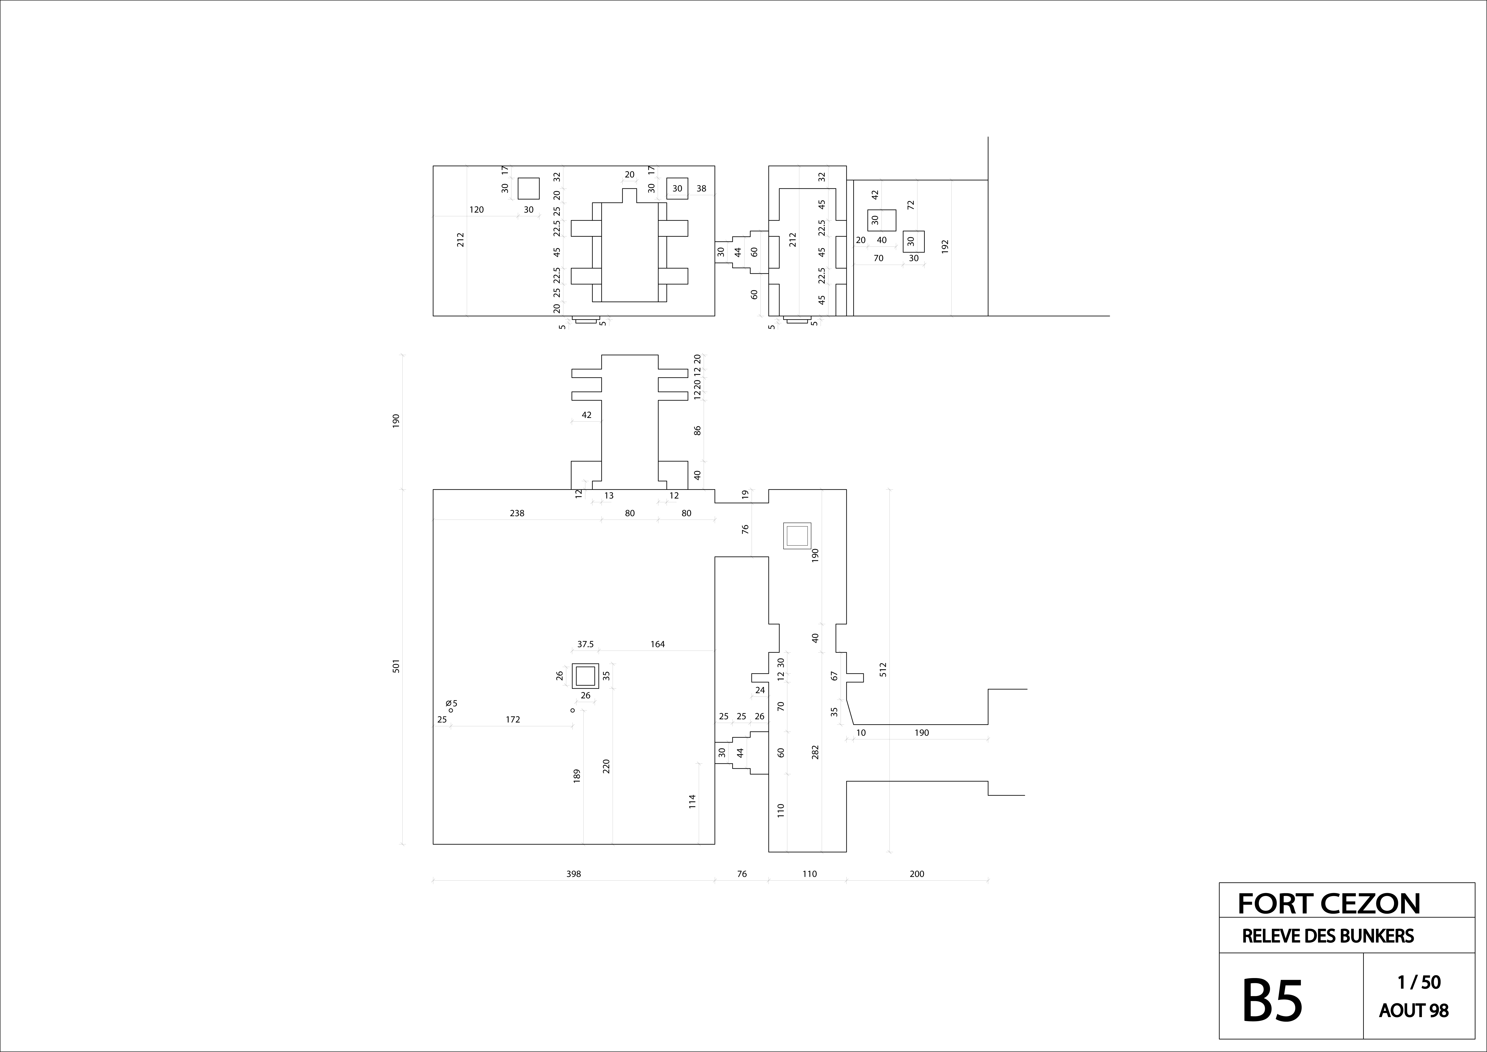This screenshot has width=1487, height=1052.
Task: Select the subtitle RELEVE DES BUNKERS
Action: tap(1328, 936)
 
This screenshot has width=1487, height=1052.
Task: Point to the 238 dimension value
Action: tap(517, 513)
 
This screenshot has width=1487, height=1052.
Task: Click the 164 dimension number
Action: tap(657, 644)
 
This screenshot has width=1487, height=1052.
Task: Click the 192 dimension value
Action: tap(945, 246)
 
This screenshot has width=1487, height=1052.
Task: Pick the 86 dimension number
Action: tap(697, 430)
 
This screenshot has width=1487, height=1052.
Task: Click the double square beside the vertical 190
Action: tap(797, 536)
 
